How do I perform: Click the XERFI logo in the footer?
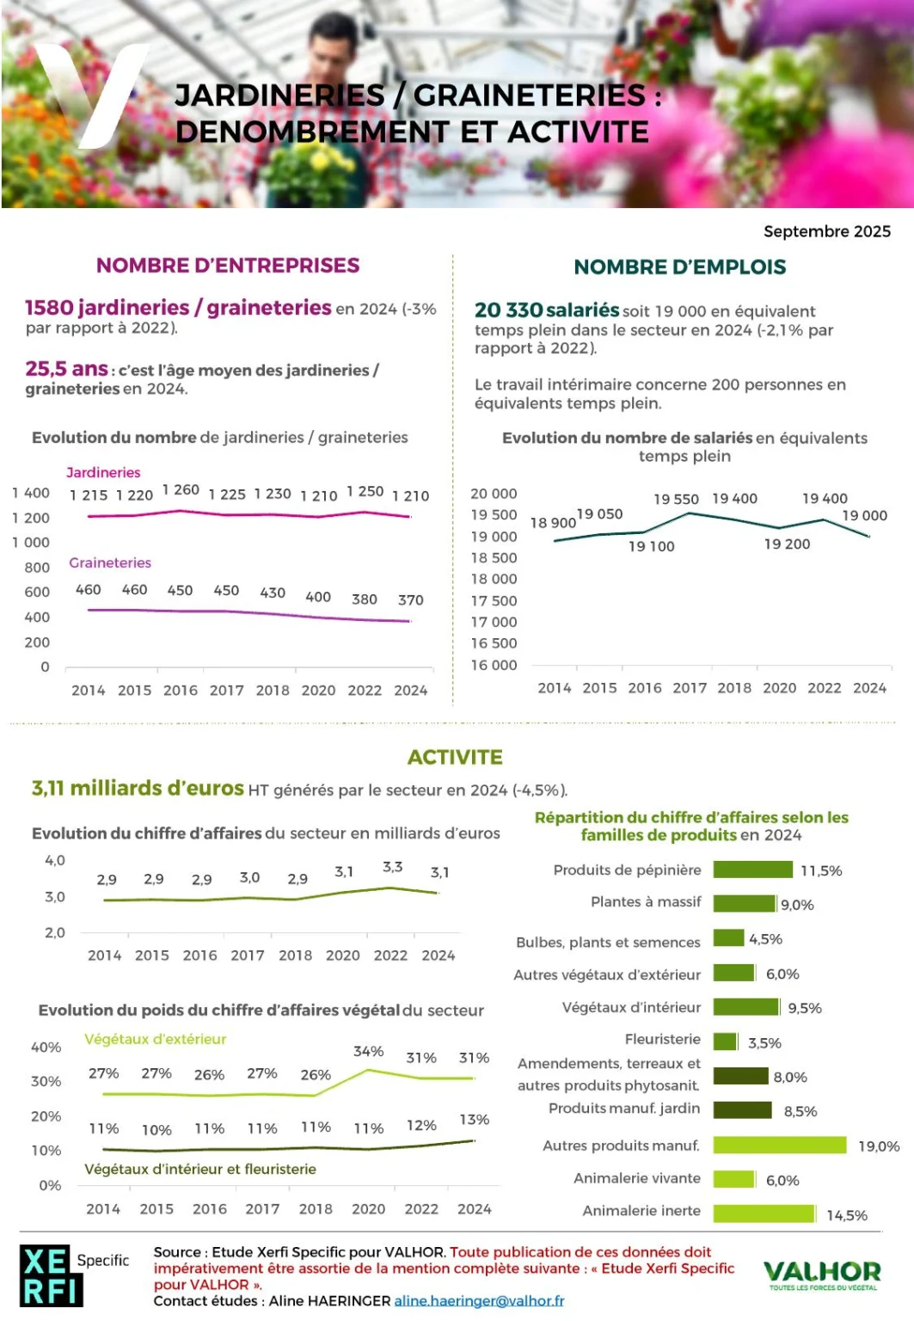click(x=51, y=1275)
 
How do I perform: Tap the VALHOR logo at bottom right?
click(x=821, y=1273)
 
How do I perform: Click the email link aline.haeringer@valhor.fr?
click(x=479, y=1300)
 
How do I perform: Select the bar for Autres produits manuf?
click(x=779, y=1145)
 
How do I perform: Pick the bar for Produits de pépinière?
click(x=752, y=869)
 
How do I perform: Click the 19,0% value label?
click(x=878, y=1146)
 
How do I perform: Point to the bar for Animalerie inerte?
click(x=764, y=1213)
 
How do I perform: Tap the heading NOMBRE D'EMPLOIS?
click(x=679, y=267)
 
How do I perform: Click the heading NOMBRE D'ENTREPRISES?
click(x=228, y=266)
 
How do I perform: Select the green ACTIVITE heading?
click(x=455, y=757)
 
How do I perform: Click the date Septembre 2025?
click(x=826, y=231)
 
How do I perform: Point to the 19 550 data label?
click(x=676, y=499)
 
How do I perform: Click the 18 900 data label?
click(x=553, y=523)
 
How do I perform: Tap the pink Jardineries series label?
click(x=103, y=472)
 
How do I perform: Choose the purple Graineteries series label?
click(x=110, y=562)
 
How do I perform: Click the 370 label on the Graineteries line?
click(x=410, y=600)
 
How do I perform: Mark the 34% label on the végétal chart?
click(x=368, y=1051)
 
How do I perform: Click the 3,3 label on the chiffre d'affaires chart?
click(x=392, y=867)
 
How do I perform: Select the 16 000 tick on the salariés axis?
click(x=494, y=665)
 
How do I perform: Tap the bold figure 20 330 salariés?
click(x=547, y=310)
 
